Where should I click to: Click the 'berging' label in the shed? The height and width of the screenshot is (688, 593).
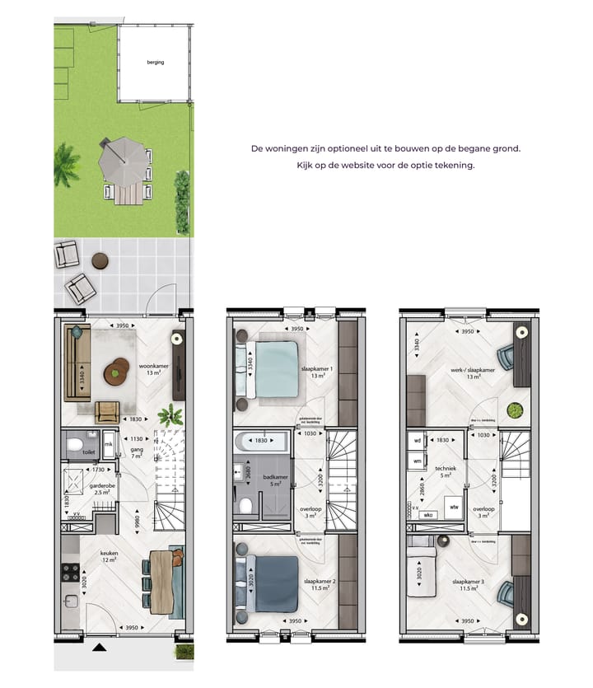coord(156,62)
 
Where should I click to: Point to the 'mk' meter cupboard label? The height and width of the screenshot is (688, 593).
coord(108,445)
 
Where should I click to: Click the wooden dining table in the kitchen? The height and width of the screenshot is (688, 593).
coord(160,582)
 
